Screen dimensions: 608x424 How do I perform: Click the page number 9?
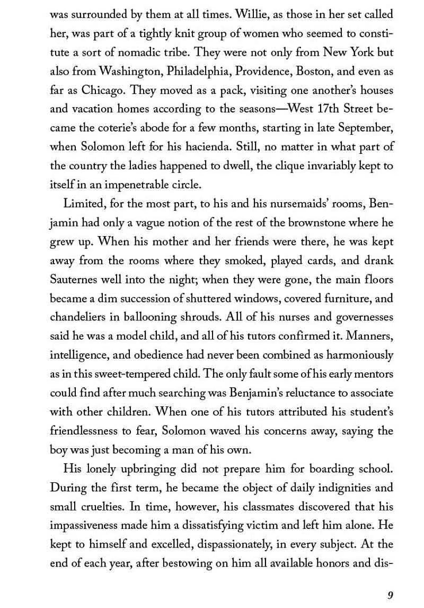[x=390, y=595]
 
